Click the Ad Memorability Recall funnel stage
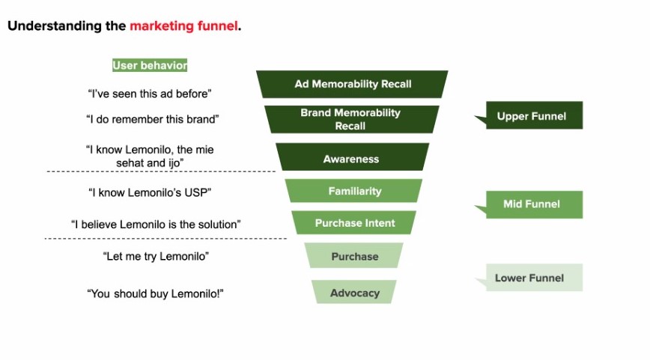352,84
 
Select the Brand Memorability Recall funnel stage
350,119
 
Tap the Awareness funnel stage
351,159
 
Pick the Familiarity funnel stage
354,191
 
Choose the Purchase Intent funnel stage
354,223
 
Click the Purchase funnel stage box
354,256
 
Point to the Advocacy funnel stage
354,293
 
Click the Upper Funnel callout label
531,116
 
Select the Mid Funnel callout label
531,204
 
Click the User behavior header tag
150,65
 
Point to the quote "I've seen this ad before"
150,94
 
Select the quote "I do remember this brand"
152,118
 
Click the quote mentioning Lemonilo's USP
150,192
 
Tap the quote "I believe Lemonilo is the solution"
156,224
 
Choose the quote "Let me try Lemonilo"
155,256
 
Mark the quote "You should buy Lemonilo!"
156,293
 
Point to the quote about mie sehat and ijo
149,156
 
